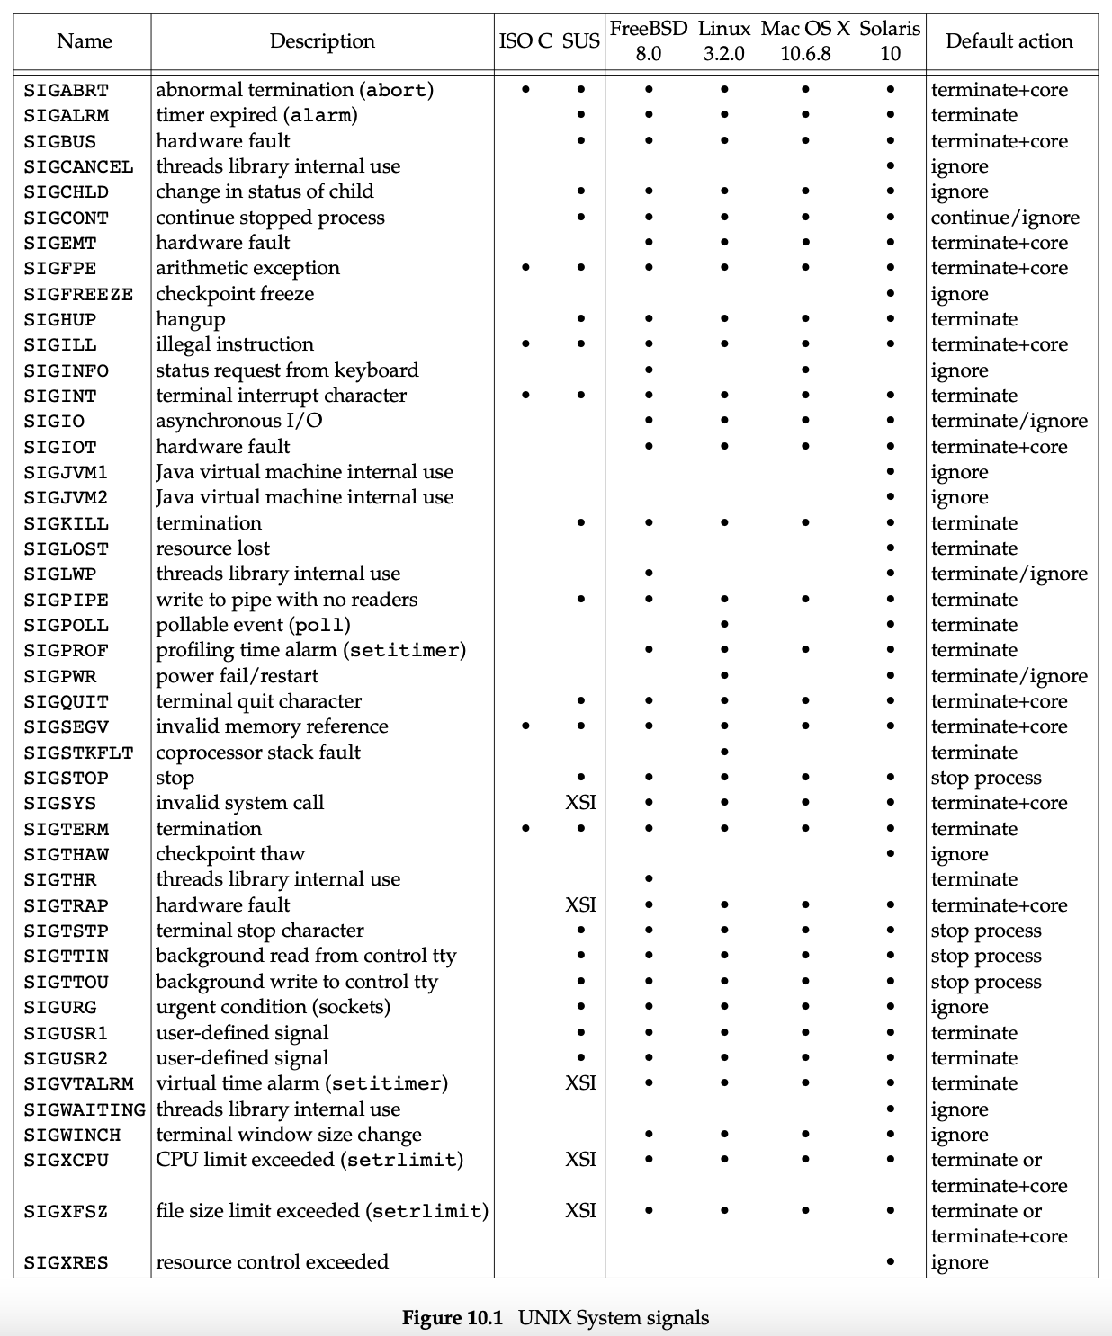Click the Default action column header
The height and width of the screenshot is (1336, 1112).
tap(1009, 41)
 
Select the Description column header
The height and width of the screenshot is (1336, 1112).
tap(322, 41)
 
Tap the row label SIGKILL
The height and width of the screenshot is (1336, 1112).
tap(66, 523)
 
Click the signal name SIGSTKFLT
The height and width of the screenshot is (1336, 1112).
tap(78, 753)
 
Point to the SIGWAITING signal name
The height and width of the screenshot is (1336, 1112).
tap(84, 1109)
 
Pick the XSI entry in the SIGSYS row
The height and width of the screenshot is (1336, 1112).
tap(580, 803)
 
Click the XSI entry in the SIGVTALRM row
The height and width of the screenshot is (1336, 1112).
tap(580, 1083)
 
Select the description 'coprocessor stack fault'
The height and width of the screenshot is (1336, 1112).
tap(258, 753)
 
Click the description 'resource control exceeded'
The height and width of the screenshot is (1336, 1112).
tap(272, 1262)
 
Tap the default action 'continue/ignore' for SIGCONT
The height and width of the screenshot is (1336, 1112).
tap(1004, 218)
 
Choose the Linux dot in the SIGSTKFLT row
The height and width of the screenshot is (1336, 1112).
tap(724, 753)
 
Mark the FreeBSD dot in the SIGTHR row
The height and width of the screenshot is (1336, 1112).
tap(648, 879)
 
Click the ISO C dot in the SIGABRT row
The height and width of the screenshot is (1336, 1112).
tap(525, 90)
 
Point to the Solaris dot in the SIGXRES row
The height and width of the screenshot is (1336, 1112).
tap(890, 1262)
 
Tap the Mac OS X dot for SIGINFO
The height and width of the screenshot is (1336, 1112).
tap(804, 370)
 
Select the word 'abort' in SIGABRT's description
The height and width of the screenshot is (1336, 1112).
tap(396, 90)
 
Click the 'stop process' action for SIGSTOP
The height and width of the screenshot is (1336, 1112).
tap(985, 778)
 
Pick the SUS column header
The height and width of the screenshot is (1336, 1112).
tap(580, 41)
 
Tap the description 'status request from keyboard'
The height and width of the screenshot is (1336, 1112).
tap(287, 370)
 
